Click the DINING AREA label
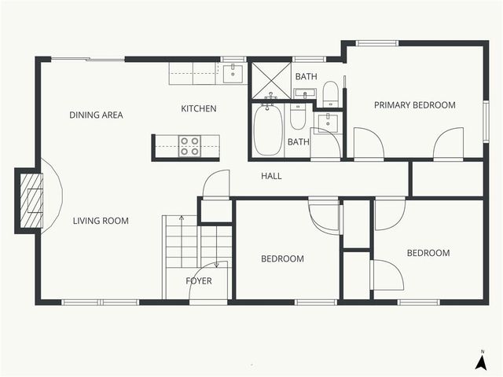[96, 115]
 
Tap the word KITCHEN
[199, 109]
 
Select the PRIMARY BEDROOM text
[414, 105]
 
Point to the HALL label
[271, 177]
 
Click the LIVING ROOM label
[101, 221]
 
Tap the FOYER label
[199, 280]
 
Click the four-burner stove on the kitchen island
[189, 146]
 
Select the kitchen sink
[232, 74]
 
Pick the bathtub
[267, 130]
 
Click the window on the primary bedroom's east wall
[485, 121]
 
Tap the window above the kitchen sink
[233, 59]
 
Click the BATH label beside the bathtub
[298, 142]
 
